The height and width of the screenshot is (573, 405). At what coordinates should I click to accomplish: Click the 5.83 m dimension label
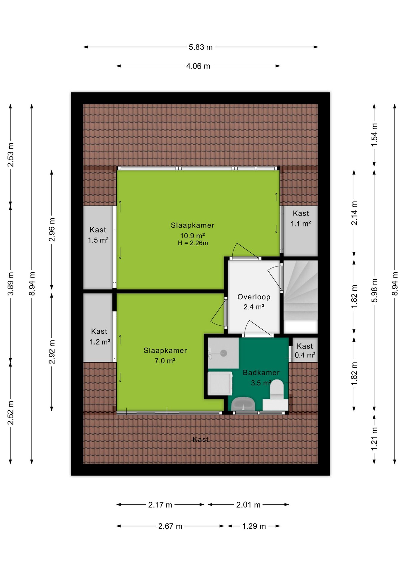coord(200,47)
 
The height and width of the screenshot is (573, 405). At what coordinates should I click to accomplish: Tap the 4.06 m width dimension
coord(198,66)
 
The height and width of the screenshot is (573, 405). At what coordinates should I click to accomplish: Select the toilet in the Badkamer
coord(277,389)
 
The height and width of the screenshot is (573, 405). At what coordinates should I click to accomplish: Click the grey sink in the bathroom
coord(243,404)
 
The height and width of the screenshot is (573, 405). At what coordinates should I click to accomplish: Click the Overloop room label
coord(254,297)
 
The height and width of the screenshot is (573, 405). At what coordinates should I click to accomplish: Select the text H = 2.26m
coord(193,243)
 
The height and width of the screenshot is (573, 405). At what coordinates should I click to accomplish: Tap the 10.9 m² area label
coord(192,235)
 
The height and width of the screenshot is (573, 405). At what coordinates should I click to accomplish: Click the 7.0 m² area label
coord(165,361)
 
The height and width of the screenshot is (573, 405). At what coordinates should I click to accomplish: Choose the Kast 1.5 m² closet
coord(98,247)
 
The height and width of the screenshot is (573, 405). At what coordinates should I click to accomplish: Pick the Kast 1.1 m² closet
coord(300,231)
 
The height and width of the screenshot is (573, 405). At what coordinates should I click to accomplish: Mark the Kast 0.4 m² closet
coord(305,350)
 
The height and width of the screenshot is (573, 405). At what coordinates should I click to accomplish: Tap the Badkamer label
coord(261,372)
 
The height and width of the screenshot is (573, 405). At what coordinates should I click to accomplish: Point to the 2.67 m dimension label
coord(170,526)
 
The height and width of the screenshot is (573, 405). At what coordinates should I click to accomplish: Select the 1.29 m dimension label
coord(254,526)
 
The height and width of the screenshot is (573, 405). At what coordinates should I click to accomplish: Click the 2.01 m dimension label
coord(248,505)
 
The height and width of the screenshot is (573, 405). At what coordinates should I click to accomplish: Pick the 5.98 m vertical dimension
coord(374,290)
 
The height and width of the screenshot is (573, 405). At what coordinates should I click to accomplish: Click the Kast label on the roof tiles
coord(200,439)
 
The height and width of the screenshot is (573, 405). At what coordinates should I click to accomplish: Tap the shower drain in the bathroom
coord(223,353)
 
